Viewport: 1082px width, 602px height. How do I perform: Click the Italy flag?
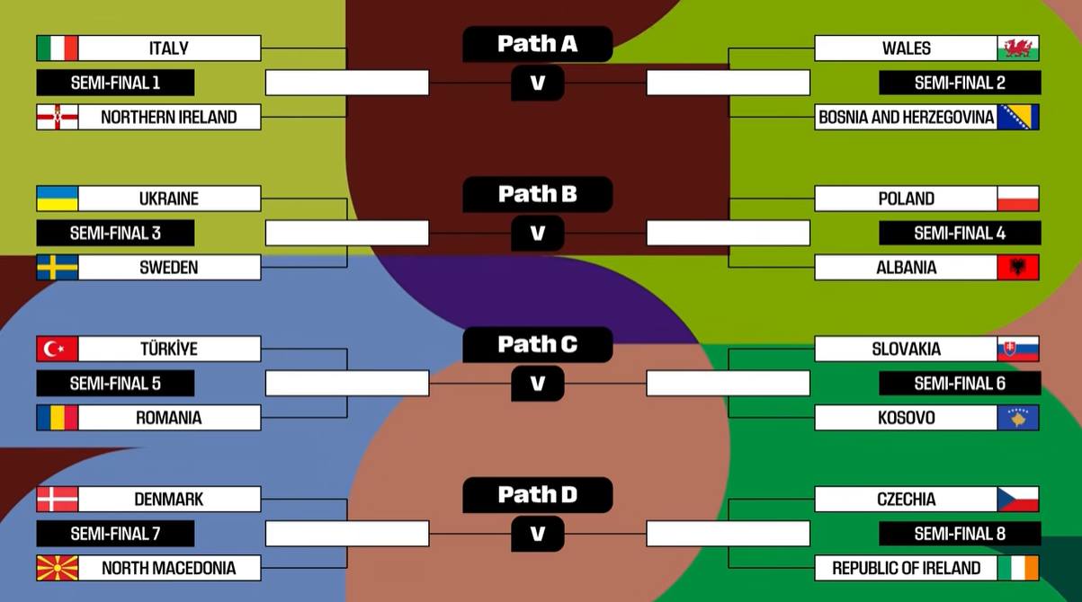tap(58, 48)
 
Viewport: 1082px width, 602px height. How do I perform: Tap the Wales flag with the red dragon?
tap(1018, 48)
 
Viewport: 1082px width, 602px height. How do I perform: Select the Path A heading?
tap(538, 43)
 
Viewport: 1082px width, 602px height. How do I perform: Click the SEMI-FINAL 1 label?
tap(115, 83)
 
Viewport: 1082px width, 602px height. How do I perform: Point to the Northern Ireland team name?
tap(169, 117)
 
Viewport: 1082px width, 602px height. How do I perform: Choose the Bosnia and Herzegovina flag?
tap(1018, 117)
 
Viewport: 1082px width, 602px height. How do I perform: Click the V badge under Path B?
tap(538, 233)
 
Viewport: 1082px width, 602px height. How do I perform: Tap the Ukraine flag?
tap(58, 198)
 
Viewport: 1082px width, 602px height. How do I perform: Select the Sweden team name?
tap(169, 267)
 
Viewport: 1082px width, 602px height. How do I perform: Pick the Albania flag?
tap(1018, 267)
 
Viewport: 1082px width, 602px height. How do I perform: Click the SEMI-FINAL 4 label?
tap(960, 233)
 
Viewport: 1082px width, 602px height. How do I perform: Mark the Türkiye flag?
tap(58, 349)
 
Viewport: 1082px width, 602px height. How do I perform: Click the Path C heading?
tap(538, 344)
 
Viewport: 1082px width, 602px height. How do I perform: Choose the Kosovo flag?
tap(1018, 418)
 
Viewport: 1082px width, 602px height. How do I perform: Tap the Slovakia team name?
tap(906, 349)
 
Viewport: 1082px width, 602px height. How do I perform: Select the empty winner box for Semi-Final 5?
tap(347, 384)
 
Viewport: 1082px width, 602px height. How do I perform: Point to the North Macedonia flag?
tap(58, 568)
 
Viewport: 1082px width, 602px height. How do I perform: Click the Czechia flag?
tap(1018, 499)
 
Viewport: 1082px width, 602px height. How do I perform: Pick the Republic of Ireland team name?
tap(906, 568)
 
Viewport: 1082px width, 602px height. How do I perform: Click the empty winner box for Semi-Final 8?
tap(729, 534)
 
